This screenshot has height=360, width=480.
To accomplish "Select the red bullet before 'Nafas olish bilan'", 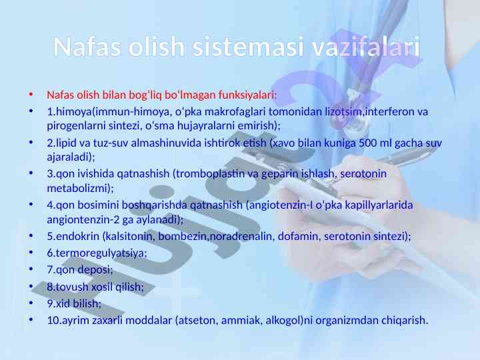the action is tap(31, 94).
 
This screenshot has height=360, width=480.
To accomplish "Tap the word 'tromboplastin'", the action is tap(210, 174).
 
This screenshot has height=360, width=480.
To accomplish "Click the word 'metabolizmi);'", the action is tap(80, 188).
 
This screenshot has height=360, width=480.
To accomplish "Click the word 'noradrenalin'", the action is tap(241, 236).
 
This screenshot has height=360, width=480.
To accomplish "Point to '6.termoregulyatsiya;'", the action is tap(97, 253).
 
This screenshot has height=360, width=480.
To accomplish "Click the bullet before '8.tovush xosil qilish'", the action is tap(31, 287).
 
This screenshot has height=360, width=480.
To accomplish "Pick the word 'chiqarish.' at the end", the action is tap(405, 321).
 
